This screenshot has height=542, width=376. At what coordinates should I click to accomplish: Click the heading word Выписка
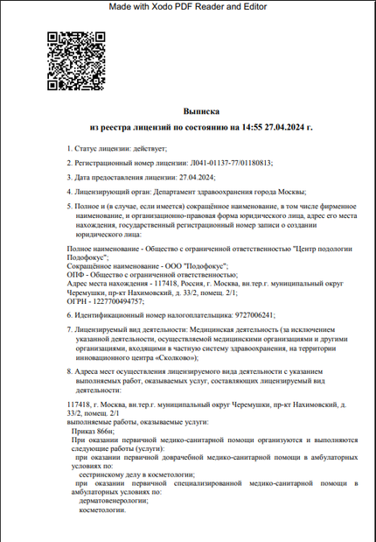201,112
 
